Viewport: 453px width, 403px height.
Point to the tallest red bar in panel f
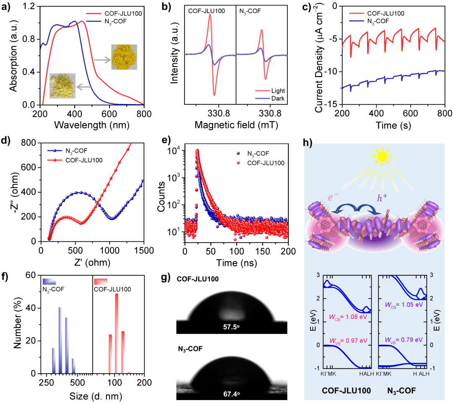(x=117, y=333)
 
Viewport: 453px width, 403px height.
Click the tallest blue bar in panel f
(x=60, y=340)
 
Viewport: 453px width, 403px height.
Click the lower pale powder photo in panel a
(x=62, y=86)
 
